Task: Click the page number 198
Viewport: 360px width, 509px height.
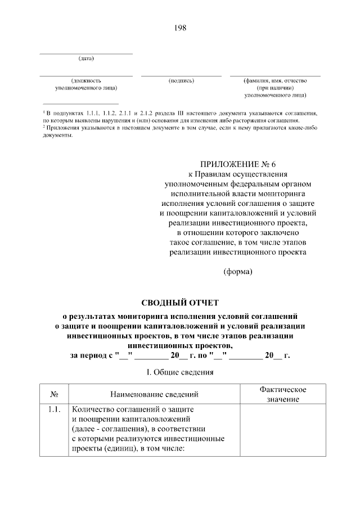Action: click(x=180, y=28)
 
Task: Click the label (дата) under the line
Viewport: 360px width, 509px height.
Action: click(x=86, y=58)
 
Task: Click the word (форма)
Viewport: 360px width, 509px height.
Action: click(x=238, y=272)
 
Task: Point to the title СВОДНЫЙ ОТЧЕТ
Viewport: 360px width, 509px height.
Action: click(x=179, y=303)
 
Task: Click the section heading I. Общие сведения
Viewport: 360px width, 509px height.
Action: click(x=179, y=372)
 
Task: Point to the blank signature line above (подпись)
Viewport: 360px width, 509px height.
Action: click(x=181, y=75)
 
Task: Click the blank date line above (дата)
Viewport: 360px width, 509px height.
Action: click(x=86, y=54)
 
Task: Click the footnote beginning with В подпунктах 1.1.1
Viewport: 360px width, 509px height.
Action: click(x=180, y=116)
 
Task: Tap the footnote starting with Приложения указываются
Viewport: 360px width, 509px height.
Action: click(x=180, y=131)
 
